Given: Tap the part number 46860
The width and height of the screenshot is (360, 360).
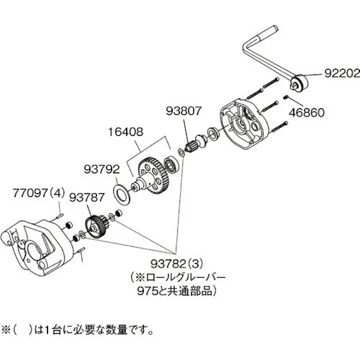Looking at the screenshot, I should click(306, 112).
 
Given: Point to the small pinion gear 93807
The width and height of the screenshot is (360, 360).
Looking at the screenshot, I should click(191, 148).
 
